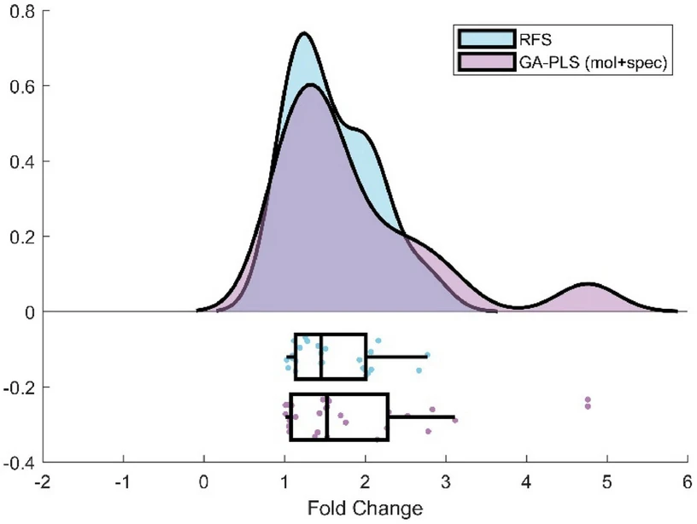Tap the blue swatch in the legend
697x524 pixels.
pyautogui.click(x=484, y=40)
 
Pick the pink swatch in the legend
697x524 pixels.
pyautogui.click(x=484, y=62)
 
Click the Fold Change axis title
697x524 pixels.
pyautogui.click(x=366, y=509)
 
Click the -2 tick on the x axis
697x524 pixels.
pyautogui.click(x=43, y=482)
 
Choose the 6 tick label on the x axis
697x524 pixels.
pyautogui.click(x=688, y=482)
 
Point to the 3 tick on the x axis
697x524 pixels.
pyautogui.click(x=446, y=482)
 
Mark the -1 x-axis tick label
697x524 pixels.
pyautogui.click(x=123, y=482)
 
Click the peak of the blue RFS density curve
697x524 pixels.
pyautogui.click(x=303, y=35)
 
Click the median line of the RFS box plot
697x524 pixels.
pyautogui.click(x=320, y=356)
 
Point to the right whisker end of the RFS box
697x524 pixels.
pyautogui.click(x=427, y=356)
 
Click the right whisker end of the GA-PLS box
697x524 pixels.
pyautogui.click(x=454, y=416)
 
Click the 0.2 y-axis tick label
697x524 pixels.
pyautogui.click(x=20, y=236)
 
